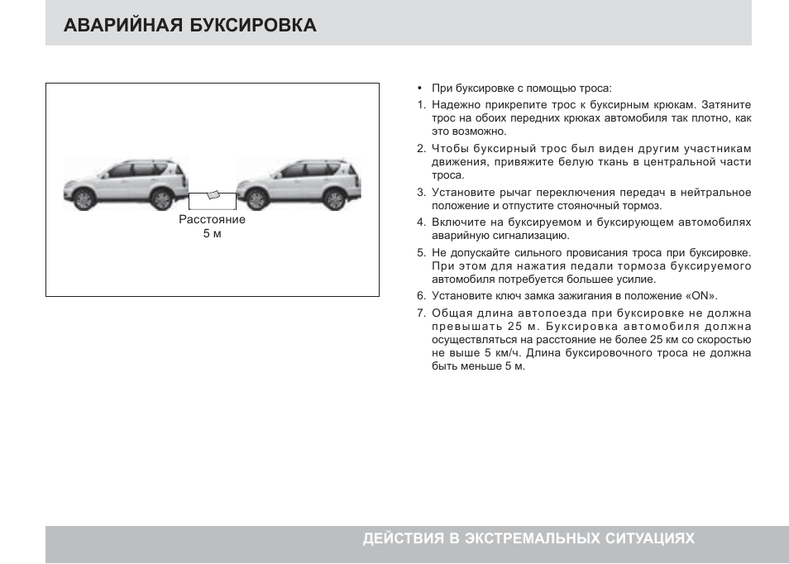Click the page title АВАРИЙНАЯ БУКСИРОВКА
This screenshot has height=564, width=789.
pos(189,25)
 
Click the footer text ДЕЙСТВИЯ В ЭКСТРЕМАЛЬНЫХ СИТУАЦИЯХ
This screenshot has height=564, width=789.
pos(528,538)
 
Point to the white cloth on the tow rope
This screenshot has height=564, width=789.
pos(213,195)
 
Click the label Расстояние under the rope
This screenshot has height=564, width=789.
pos(212,220)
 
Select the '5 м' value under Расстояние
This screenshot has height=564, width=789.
pos(212,234)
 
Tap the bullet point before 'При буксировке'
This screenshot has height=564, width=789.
pos(420,88)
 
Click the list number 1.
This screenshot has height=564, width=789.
pos(420,105)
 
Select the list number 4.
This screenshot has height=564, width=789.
pos(420,222)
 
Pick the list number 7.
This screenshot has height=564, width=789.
pos(420,313)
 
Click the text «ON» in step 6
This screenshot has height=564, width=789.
pos(701,296)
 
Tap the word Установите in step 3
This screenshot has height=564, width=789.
pos(459,193)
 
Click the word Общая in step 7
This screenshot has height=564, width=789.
pos(451,313)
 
